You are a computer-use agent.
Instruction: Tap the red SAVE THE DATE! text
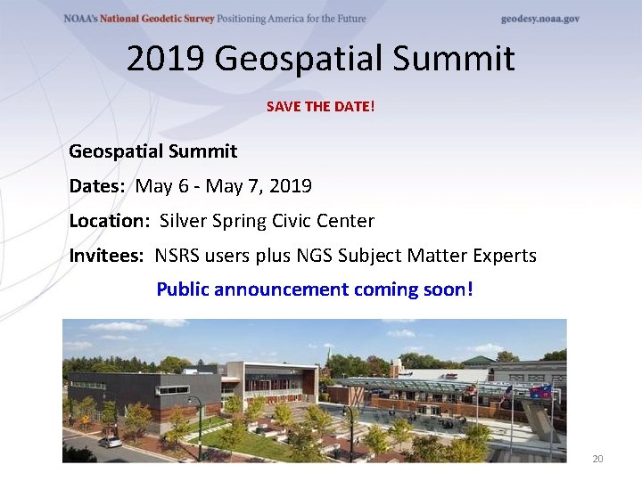321,106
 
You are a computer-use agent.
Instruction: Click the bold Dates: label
98,186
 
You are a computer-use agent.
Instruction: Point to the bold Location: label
108,221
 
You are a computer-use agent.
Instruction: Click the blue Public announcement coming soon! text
315,289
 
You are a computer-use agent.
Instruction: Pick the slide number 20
597,459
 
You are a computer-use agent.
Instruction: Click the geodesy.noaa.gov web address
539,19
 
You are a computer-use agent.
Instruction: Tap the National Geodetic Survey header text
169,19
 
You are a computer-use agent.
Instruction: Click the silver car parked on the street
110,441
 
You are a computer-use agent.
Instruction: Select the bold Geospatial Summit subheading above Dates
153,151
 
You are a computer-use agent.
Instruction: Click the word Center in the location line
347,221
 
